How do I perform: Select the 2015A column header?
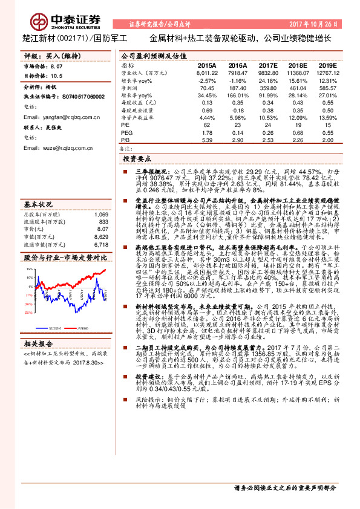click(207, 65)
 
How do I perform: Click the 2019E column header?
click(327, 65)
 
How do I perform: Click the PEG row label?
click(126, 132)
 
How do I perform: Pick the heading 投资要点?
click(136, 158)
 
